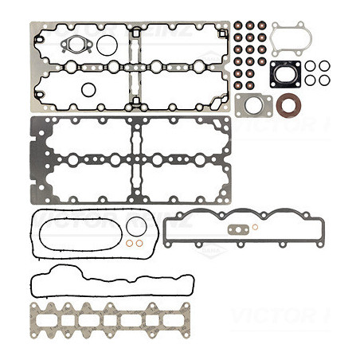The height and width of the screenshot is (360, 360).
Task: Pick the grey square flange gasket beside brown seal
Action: pyautogui.click(x=254, y=104)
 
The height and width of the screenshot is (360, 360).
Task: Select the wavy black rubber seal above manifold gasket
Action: pyautogui.click(x=112, y=284)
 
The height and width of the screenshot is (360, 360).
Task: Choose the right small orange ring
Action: pyautogui.click(x=139, y=243)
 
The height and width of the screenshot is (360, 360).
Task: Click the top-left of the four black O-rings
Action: pyautogui.click(x=310, y=66)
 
